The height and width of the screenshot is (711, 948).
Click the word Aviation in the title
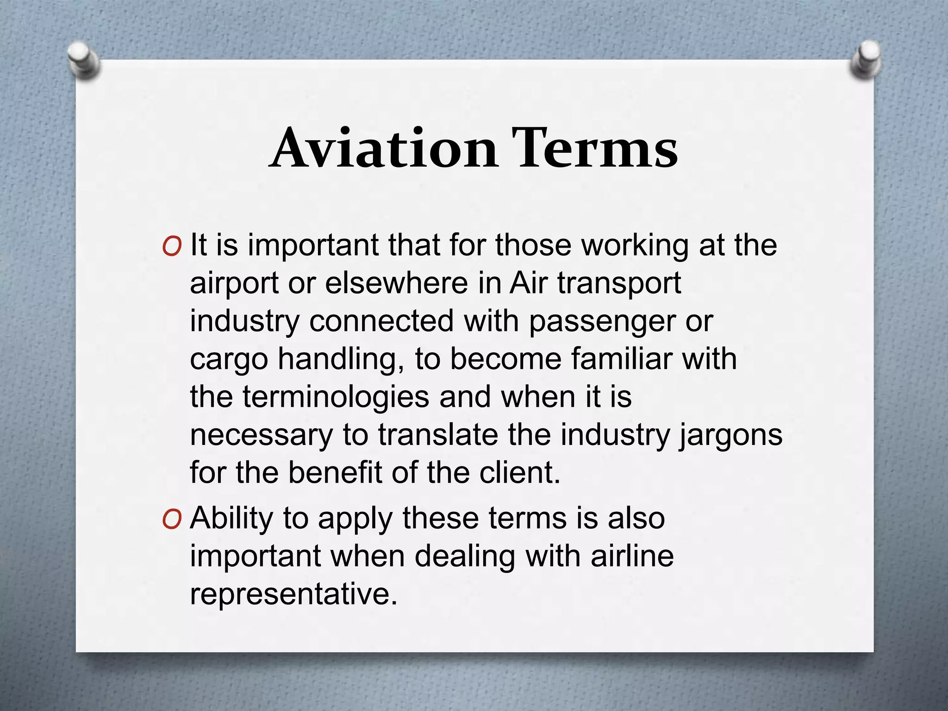[384, 148]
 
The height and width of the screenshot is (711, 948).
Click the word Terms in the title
[594, 148]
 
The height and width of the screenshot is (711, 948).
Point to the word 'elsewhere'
[396, 283]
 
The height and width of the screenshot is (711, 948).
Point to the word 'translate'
[438, 435]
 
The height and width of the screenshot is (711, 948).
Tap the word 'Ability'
[232, 519]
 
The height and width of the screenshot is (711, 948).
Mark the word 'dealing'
[465, 557]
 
